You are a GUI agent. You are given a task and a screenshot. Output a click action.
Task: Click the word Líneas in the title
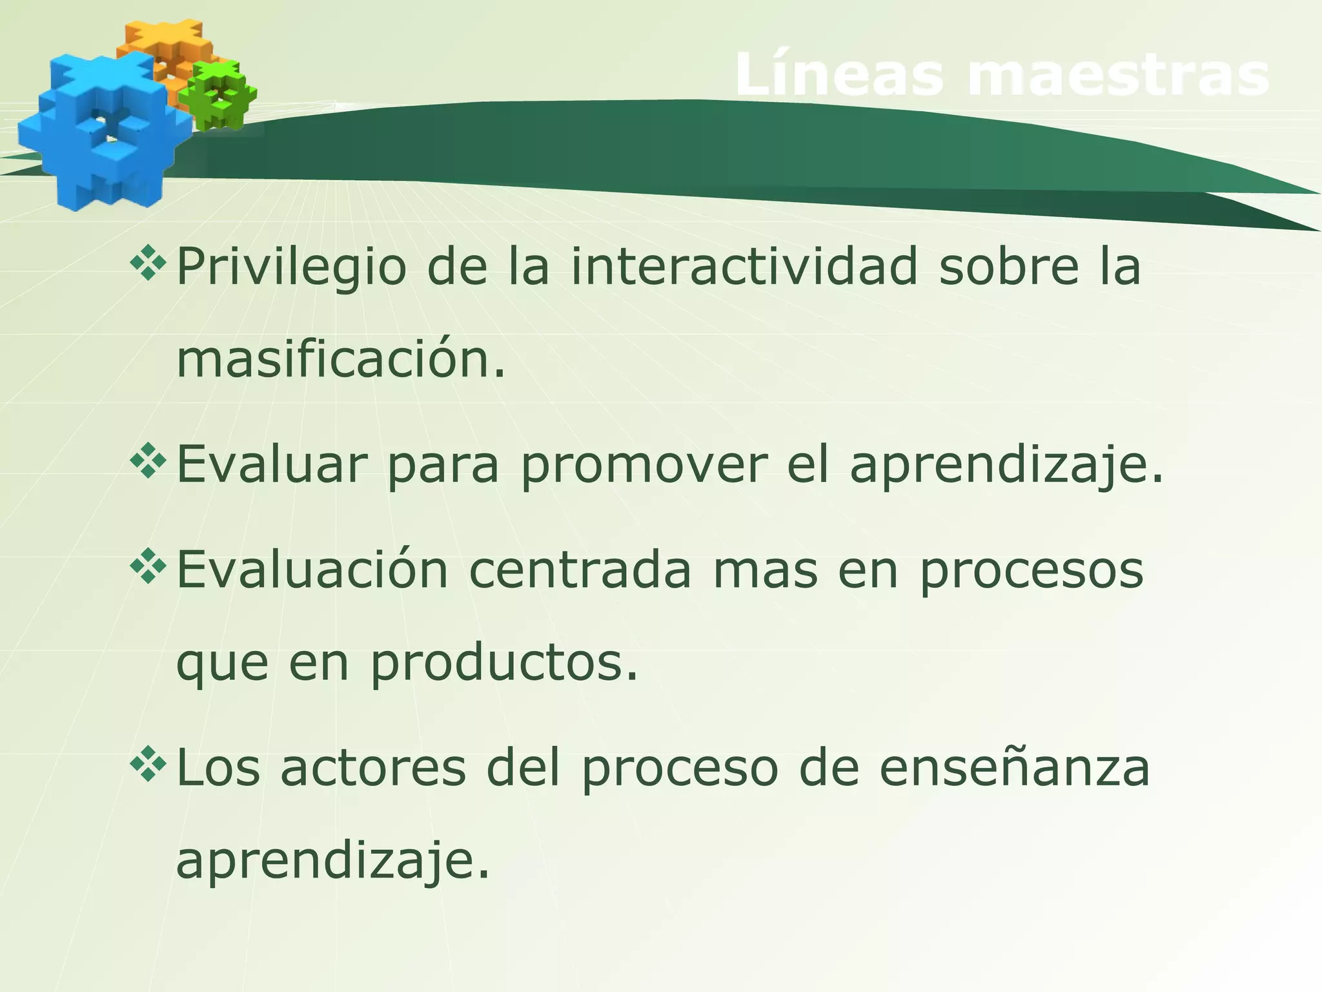tap(842, 76)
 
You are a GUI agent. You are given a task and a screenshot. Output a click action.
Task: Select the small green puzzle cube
tap(218, 95)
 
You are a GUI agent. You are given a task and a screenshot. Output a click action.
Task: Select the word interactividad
tap(743, 266)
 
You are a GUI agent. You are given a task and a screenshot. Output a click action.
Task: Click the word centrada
tap(580, 570)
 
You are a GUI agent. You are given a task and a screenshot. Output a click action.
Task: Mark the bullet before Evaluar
tap(148, 461)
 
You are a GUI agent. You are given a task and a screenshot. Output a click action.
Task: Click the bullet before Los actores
tap(148, 765)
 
